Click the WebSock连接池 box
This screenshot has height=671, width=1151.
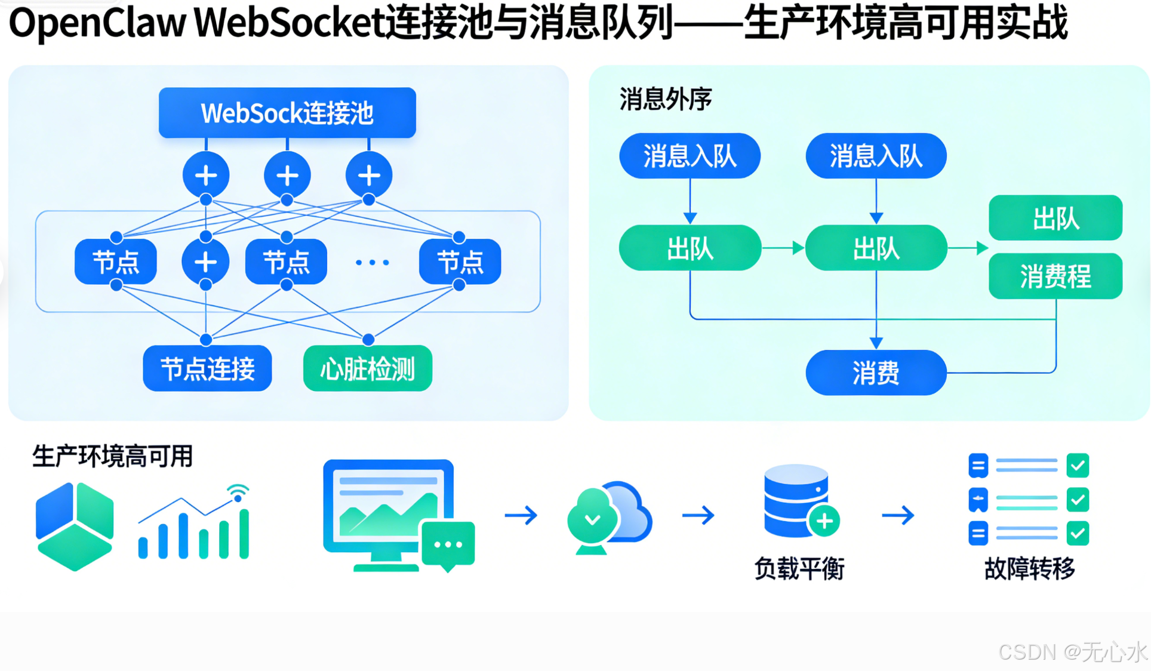287,113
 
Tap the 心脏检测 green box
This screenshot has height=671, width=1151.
368,369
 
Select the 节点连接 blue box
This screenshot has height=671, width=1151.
207,369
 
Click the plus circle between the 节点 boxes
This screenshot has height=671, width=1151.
205,261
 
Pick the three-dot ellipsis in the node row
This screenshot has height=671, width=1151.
372,262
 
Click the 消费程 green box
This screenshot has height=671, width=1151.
1055,276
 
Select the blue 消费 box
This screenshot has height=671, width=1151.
876,373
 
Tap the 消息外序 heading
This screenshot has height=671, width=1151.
666,99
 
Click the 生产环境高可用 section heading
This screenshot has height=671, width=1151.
112,457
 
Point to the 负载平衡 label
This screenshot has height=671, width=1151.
799,568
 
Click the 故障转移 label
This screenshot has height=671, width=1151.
1029,568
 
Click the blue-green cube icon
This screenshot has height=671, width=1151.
75,526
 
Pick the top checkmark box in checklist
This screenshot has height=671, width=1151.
1078,466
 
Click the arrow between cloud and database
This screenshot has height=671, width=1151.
698,515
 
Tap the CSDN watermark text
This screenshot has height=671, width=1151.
1072,652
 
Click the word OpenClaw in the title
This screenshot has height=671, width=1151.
97,23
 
